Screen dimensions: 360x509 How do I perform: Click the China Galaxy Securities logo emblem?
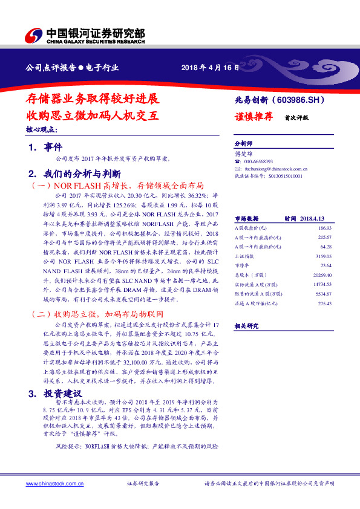34,35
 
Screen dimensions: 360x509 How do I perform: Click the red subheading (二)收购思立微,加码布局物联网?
97,315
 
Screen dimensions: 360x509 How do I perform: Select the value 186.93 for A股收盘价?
324,228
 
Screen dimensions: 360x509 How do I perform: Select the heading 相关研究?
246,325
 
